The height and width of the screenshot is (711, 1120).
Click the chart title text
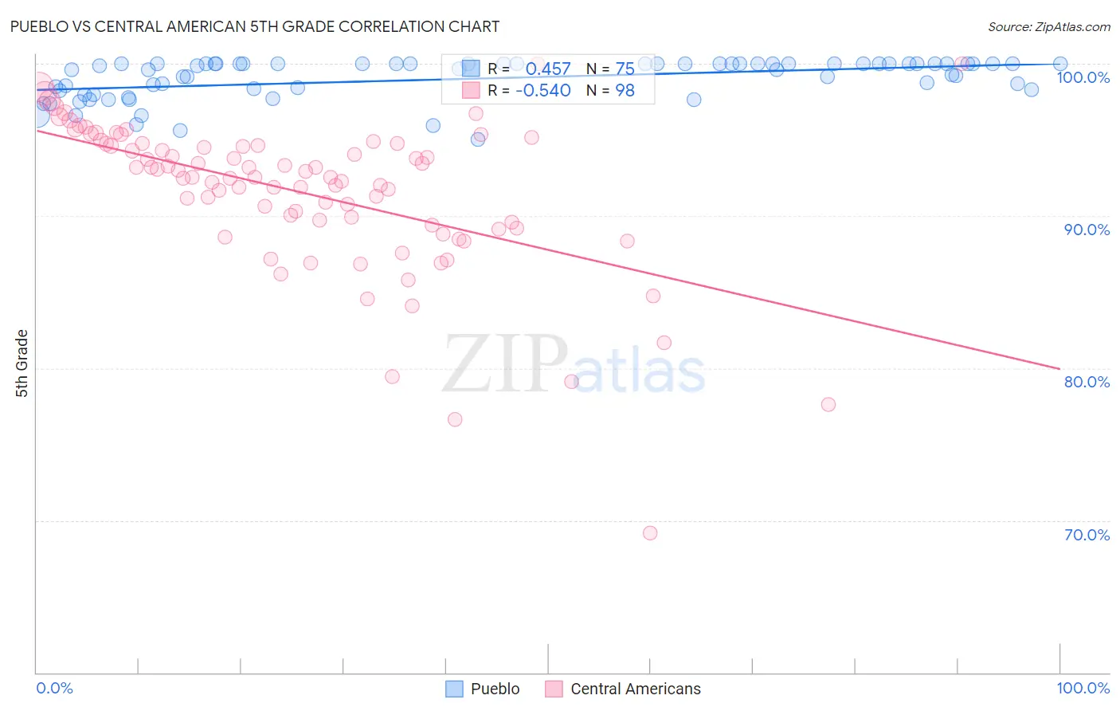pos(255,26)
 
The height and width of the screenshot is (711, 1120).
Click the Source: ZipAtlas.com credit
pos(1048,27)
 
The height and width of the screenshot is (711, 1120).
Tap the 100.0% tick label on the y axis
pos(1083,77)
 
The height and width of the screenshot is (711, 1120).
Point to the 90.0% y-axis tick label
pos(1087,230)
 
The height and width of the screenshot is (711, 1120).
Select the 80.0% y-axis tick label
pos(1087,382)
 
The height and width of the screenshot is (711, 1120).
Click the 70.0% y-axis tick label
pos(1087,535)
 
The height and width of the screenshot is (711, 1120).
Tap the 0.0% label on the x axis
pos(54,688)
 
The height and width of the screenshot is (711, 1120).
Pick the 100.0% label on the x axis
pos(1083,688)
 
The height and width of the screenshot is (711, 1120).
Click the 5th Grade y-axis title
pos(22,363)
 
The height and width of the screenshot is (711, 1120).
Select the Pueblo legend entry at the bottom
pos(483,689)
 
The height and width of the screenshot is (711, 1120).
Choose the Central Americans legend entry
pos(624,689)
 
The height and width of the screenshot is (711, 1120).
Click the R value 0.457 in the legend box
pos(548,69)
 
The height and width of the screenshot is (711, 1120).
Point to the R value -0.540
pos(542,91)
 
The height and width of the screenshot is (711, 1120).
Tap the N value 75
pos(625,69)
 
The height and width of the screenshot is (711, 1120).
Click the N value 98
pos(625,91)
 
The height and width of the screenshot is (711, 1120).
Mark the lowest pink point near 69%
pos(650,533)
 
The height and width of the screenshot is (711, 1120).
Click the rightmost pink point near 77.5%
pos(828,404)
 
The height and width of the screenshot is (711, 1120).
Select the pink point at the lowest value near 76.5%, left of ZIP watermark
pos(455,419)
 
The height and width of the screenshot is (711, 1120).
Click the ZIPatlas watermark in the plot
pos(574,365)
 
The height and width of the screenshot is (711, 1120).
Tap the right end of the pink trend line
pos(1059,368)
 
